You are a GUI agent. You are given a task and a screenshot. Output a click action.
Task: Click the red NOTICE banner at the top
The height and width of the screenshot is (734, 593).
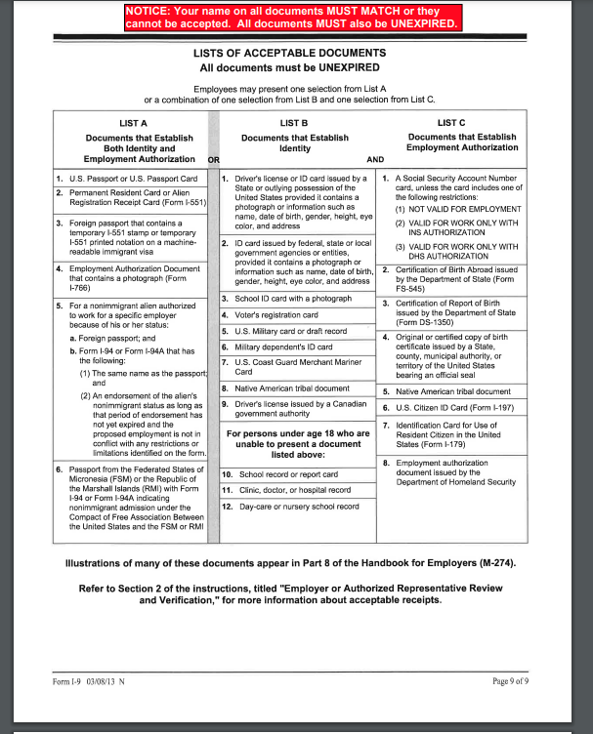click(292, 16)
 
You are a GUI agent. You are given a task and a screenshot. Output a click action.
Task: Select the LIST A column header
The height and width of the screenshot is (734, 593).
click(133, 123)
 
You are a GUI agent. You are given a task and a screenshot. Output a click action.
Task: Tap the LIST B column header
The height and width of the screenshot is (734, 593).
click(294, 123)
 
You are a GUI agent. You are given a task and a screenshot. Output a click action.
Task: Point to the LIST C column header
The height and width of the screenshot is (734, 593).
click(451, 123)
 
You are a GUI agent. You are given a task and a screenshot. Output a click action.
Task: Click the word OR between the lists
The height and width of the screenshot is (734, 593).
click(214, 158)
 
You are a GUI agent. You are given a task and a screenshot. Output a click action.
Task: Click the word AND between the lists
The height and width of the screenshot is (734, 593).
click(375, 158)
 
